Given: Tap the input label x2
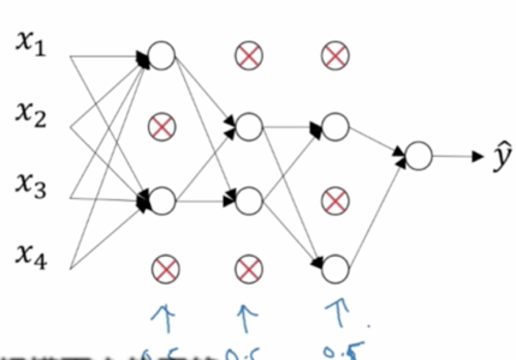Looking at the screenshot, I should coord(31,115).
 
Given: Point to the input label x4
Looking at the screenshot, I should coord(31,258).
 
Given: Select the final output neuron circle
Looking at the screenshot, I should coord(419,156).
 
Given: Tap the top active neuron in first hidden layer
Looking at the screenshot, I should coord(162,56).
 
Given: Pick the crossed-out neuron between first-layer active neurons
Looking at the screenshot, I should coord(162,127).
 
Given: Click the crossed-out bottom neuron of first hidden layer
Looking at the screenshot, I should coord(165,269).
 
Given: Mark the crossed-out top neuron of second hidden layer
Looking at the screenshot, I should coord(248,55).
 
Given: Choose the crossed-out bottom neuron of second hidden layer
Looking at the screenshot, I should coord(248,269).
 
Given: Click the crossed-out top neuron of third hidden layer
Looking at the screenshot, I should coord(336,55).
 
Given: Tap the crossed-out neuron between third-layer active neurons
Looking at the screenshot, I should coord(336,201).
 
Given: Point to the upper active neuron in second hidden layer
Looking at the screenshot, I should coord(249,127).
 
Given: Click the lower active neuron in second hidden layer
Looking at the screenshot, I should coord(249,201).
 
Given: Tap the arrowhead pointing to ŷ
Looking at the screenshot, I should coord(477,157).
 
